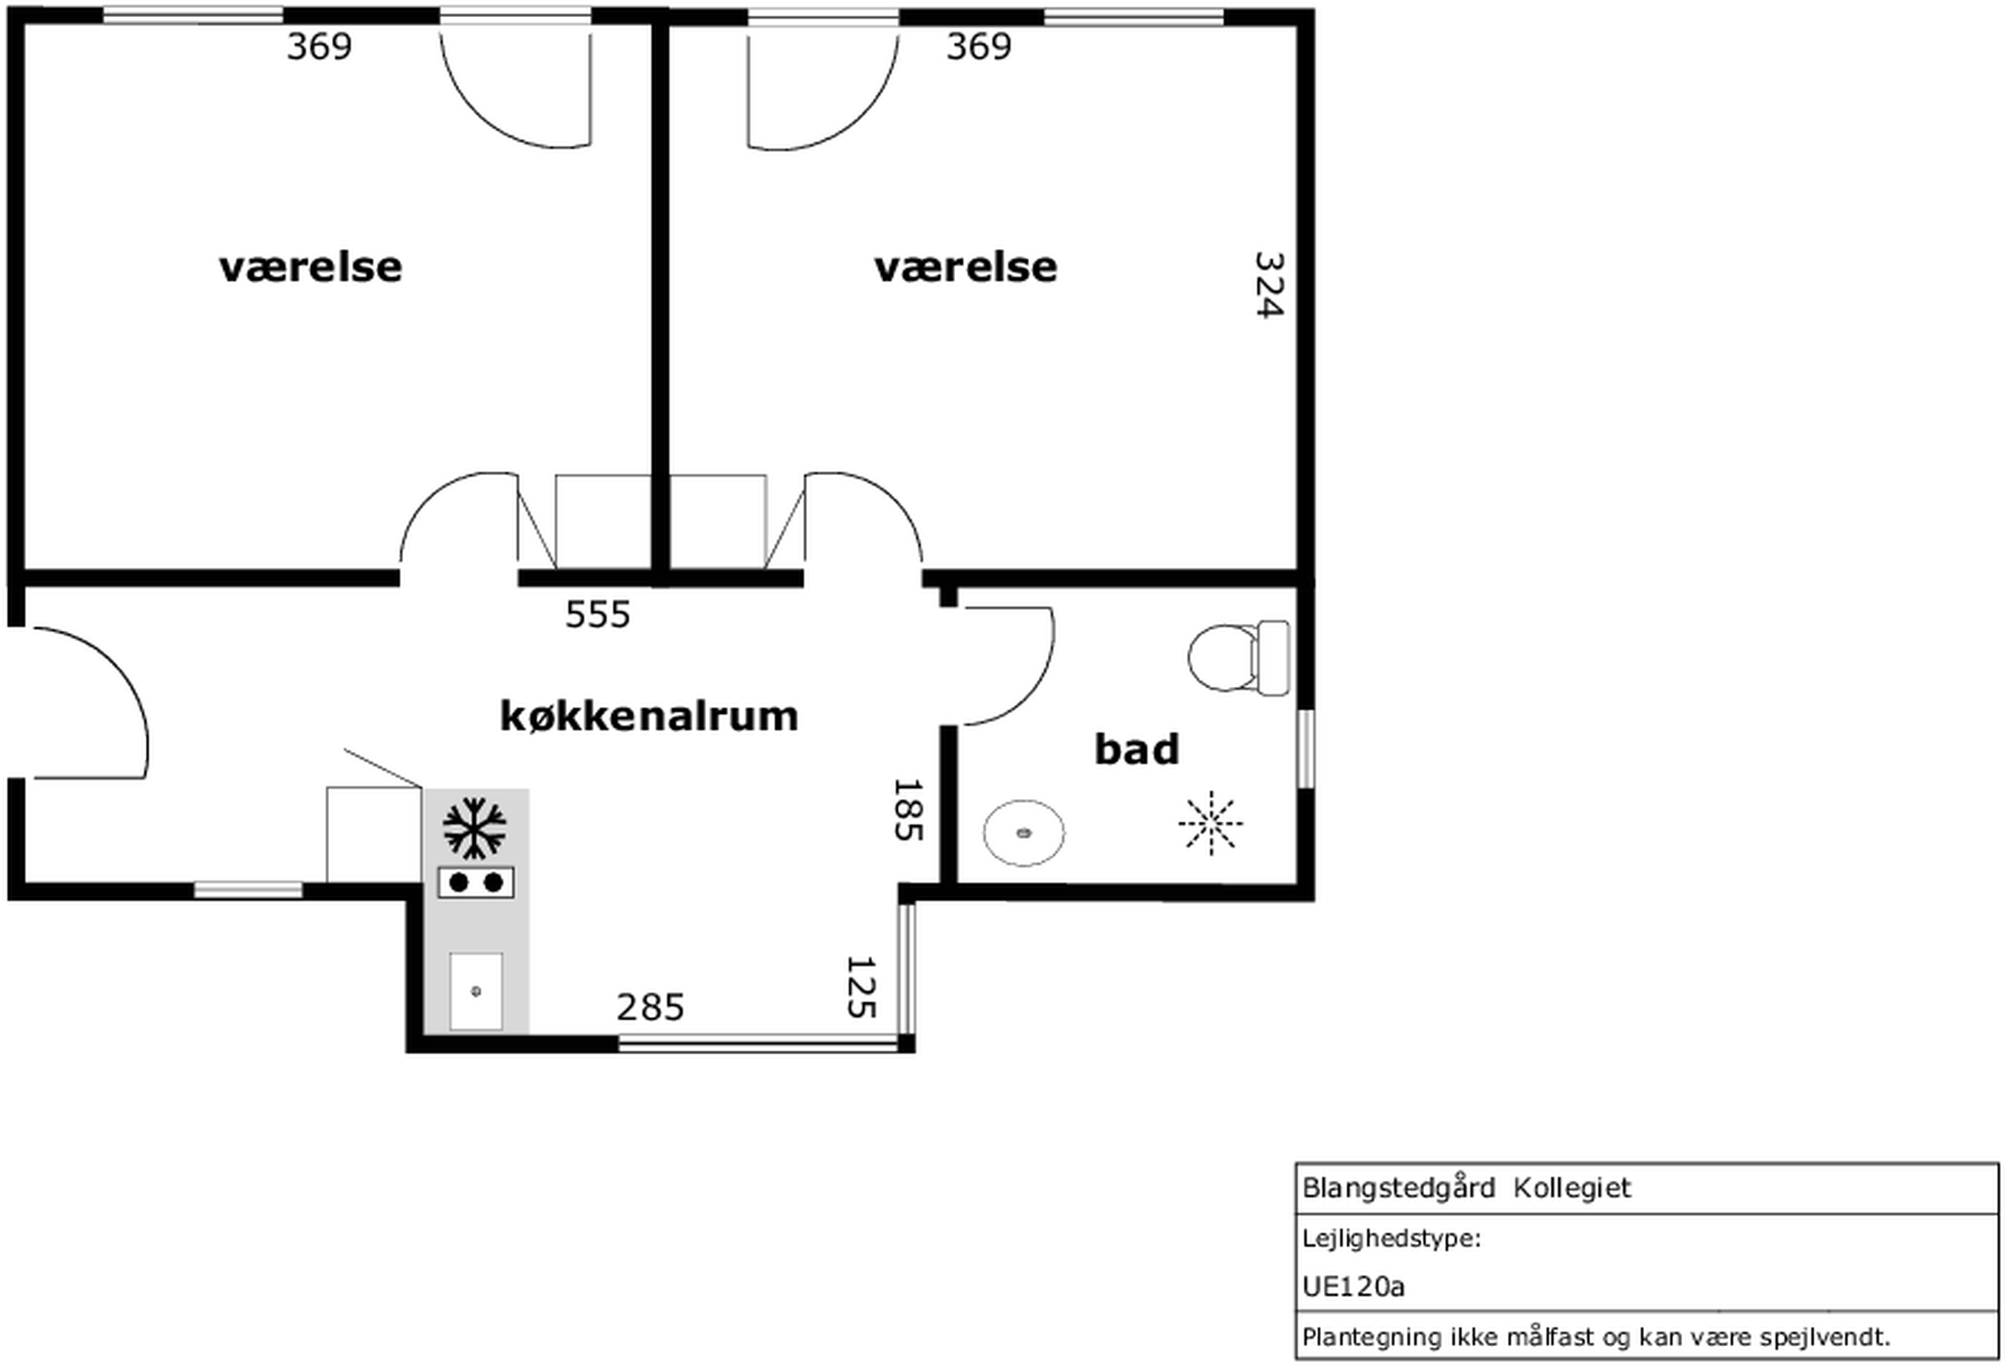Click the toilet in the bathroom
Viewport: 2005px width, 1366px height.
point(1239,657)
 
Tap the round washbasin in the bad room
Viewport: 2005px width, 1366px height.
point(1024,832)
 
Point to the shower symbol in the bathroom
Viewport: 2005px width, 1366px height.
point(1211,823)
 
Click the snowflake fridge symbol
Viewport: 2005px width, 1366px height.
point(474,829)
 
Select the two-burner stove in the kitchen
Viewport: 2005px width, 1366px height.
point(476,883)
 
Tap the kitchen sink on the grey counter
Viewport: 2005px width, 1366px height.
point(476,992)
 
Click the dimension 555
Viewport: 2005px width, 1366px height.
point(598,614)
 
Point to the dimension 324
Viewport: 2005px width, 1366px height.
point(1269,285)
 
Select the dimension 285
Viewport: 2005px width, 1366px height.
point(651,1007)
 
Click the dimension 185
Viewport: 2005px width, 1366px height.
point(908,809)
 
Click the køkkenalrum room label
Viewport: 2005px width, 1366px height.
point(650,716)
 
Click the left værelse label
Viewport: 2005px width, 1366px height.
point(310,267)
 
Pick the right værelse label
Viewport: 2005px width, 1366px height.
point(965,267)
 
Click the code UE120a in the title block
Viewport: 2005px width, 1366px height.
point(1354,1287)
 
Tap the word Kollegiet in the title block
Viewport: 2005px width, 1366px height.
point(1572,1188)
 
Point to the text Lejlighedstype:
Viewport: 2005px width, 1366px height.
point(1391,1239)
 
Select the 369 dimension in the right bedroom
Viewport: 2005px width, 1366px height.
point(980,47)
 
